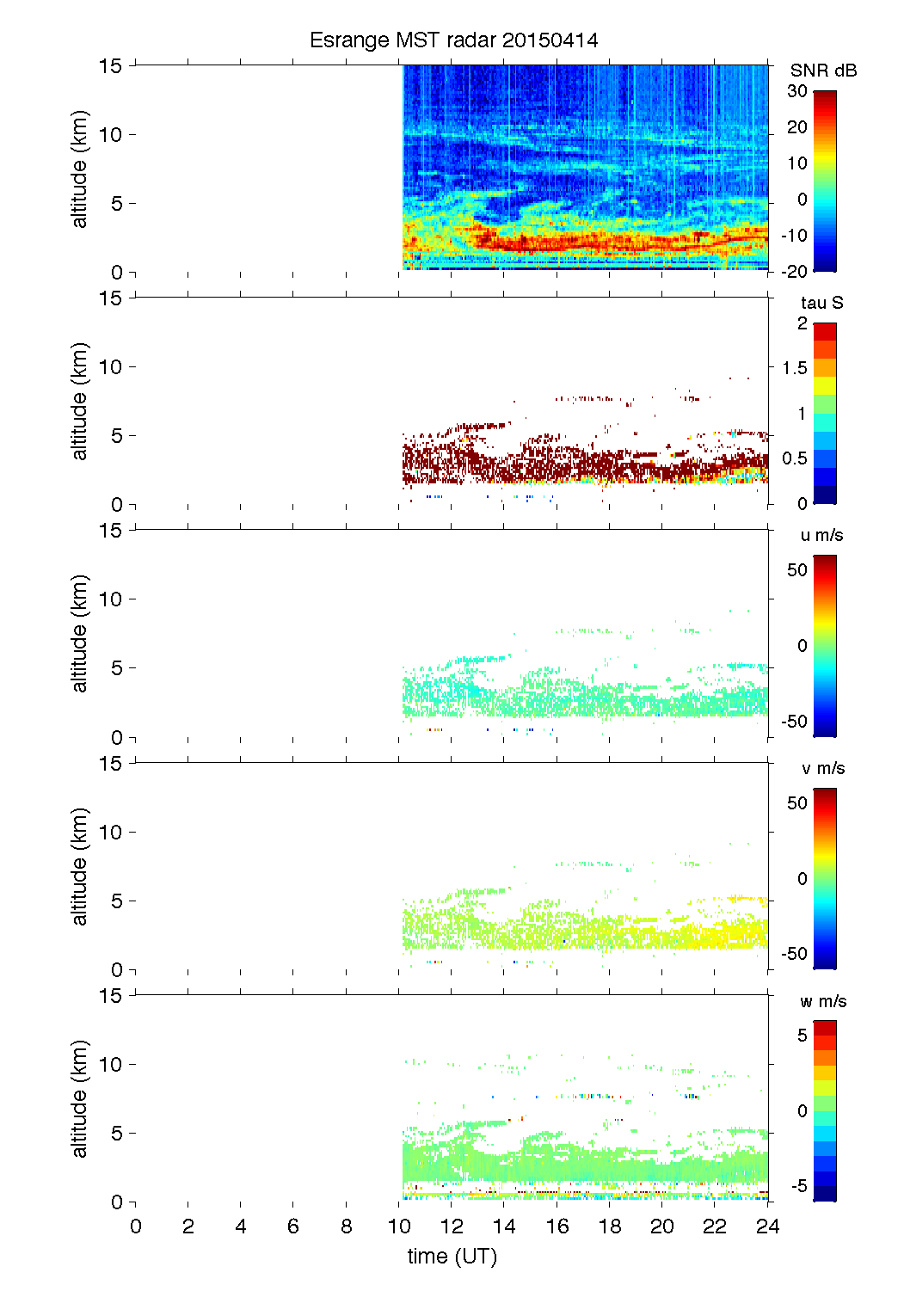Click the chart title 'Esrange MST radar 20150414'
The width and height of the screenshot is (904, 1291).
point(453,40)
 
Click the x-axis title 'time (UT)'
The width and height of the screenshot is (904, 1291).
point(452,1257)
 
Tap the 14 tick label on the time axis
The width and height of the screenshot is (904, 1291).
point(504,1226)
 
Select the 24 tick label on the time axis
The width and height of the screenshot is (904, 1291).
point(767,1226)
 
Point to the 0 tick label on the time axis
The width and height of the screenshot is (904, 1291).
point(136,1226)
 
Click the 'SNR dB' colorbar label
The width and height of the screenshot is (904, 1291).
point(823,71)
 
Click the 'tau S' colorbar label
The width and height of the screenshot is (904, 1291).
point(821,303)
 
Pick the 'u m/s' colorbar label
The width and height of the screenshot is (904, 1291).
point(821,535)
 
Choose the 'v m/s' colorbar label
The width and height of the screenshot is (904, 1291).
point(821,768)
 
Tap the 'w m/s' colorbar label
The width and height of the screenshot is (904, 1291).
point(822,1001)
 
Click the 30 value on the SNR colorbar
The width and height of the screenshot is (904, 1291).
point(797,91)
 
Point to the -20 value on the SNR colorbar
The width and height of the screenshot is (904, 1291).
point(795,272)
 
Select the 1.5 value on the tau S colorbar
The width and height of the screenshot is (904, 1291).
point(795,368)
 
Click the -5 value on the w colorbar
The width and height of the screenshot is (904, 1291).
point(798,1186)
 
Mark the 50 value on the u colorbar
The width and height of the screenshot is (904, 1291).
point(797,569)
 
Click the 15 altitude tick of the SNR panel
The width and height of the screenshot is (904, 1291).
point(111,65)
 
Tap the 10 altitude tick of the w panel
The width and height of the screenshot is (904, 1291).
point(111,1065)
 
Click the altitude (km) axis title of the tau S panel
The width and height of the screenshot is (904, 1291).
point(80,402)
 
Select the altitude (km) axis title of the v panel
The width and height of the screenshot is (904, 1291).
point(80,867)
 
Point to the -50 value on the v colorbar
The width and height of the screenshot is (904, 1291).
point(795,954)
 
